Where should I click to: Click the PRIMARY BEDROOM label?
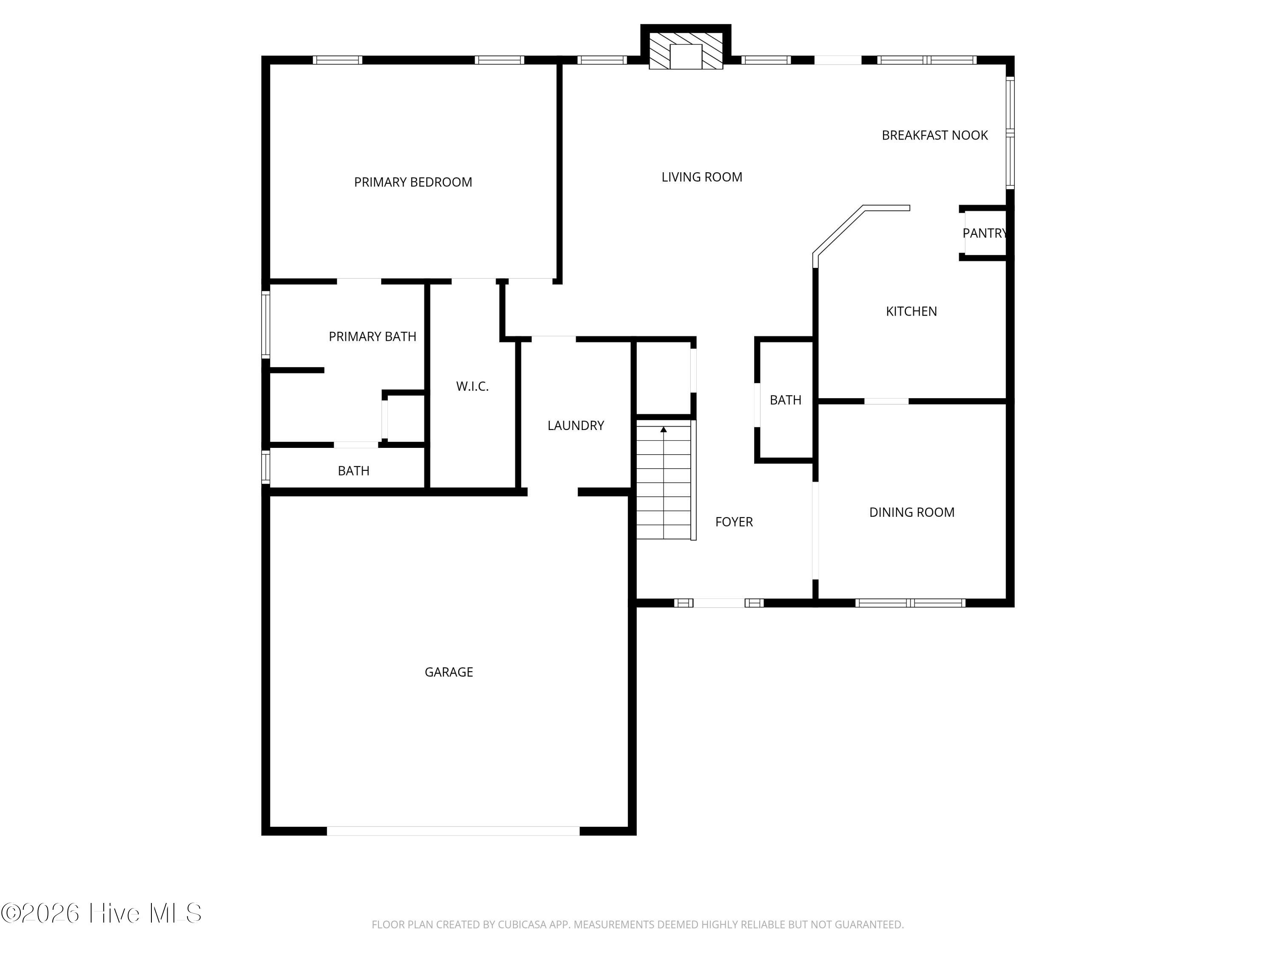[413, 182]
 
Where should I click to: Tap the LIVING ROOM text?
[701, 177]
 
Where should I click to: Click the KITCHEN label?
[911, 311]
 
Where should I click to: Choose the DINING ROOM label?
[911, 512]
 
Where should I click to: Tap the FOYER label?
[734, 522]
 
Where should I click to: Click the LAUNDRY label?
[575, 426]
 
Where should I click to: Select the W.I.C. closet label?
[472, 387]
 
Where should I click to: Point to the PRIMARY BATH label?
[372, 336]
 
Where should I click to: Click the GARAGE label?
[448, 672]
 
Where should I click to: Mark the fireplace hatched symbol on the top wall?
[685, 51]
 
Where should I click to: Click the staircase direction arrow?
[664, 430]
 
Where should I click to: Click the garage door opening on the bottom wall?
[453, 831]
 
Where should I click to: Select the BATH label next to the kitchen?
[785, 400]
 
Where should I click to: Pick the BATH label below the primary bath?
[353, 471]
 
